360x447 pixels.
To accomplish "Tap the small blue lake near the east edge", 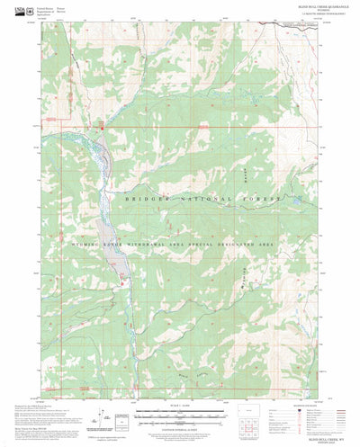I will (x=292, y=197).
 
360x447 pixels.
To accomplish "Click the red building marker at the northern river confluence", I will (x=102, y=128).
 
